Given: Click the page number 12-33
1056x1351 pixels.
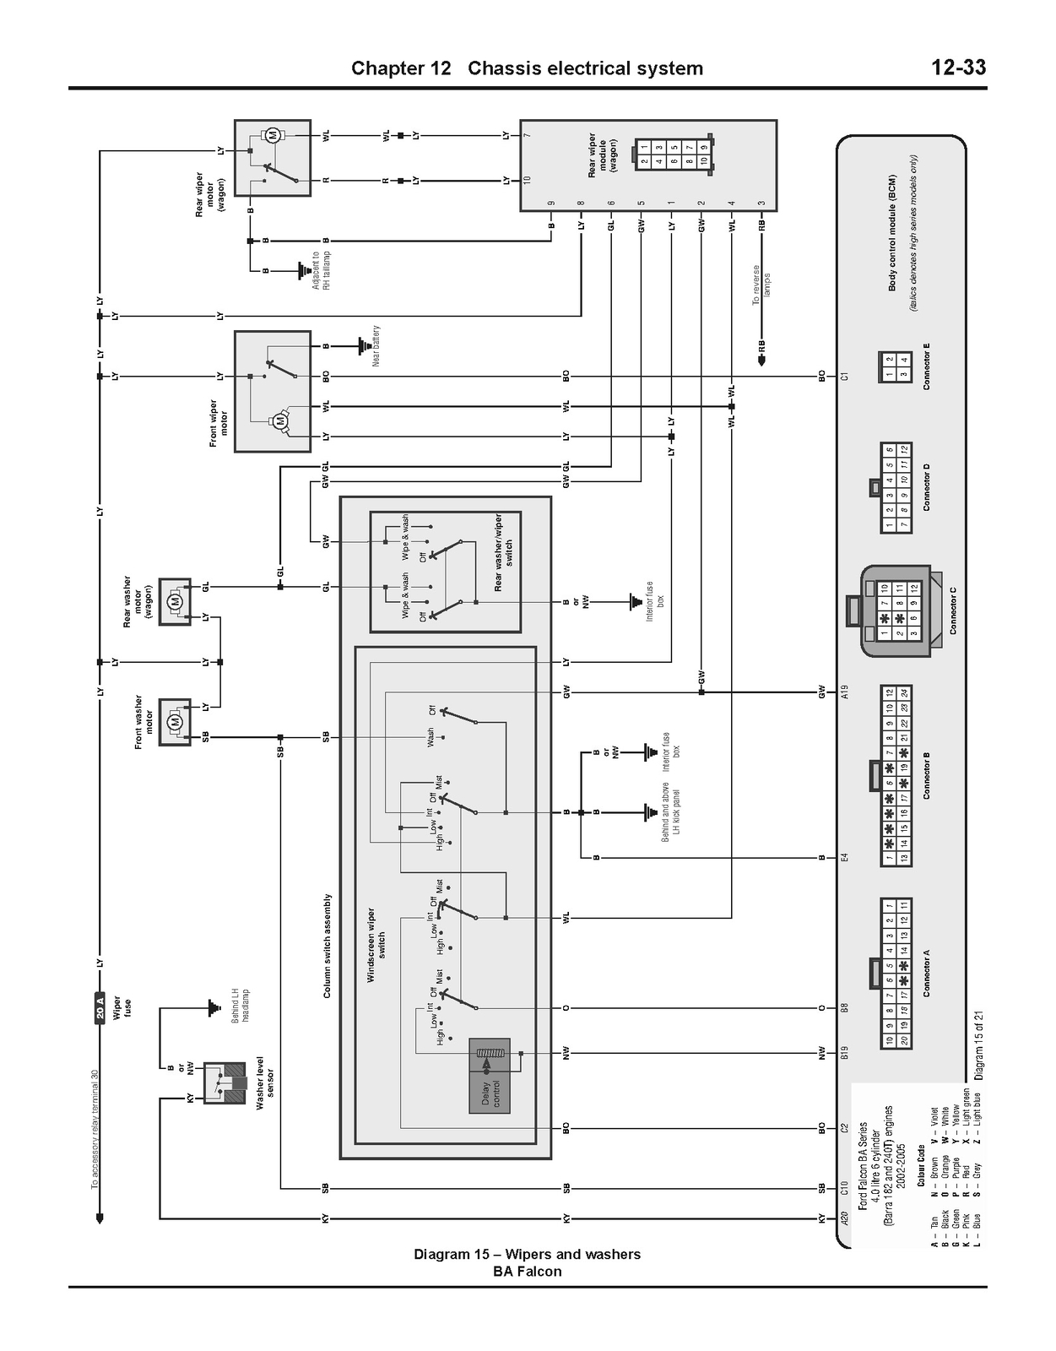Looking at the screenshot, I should coord(958,68).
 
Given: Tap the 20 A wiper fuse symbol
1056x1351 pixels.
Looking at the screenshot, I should coord(100,1007).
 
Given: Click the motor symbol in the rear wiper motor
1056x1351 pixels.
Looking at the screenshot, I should coord(273,135).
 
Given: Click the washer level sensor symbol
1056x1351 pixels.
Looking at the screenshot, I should coord(225,1082).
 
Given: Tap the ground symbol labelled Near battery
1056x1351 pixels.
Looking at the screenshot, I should coord(364,345).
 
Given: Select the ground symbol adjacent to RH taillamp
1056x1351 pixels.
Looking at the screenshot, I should coord(301,271).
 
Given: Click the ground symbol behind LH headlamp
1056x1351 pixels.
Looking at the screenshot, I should coord(212,1006).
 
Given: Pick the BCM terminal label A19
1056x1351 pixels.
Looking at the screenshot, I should coord(845,692).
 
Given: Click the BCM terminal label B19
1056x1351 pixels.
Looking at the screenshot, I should coord(845,1053).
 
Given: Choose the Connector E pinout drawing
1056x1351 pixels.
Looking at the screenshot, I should coord(895,367).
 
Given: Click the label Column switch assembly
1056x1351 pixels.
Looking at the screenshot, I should coord(328,946).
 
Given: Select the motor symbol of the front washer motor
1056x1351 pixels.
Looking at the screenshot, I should coord(176,722).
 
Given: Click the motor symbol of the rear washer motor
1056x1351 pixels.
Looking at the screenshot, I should coord(176,601).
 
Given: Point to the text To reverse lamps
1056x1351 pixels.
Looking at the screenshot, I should coord(761,285).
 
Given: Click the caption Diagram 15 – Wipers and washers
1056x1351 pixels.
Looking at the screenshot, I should coord(527,1254).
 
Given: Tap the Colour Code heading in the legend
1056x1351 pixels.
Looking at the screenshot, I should coord(921,1165).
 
